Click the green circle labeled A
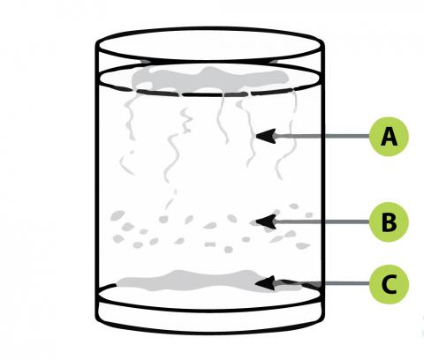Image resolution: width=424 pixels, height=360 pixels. (x=389, y=137)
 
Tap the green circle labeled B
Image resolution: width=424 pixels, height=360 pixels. (x=389, y=222)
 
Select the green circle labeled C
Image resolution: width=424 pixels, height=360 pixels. (x=389, y=284)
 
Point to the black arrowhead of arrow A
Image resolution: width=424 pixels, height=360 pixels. (x=266, y=136)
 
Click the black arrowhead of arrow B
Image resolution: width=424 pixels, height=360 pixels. (x=266, y=221)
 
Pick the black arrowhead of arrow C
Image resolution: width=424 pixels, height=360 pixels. (x=265, y=283)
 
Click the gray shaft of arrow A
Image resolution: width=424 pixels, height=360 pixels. (x=322, y=136)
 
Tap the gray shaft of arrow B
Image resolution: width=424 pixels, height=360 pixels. (x=322, y=221)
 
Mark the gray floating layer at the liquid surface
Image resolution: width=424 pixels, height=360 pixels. (x=209, y=78)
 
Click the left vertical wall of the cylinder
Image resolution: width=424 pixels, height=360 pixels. (x=97, y=183)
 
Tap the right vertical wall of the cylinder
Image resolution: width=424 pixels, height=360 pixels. (x=322, y=183)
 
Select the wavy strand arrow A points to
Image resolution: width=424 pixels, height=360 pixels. (x=250, y=132)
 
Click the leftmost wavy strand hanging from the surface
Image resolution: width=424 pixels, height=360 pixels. (x=130, y=117)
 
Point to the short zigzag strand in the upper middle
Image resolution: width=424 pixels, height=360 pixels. (x=187, y=121)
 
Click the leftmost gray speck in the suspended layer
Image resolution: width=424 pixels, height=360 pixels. (x=117, y=215)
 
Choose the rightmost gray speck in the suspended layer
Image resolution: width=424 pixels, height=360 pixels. (x=309, y=215)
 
